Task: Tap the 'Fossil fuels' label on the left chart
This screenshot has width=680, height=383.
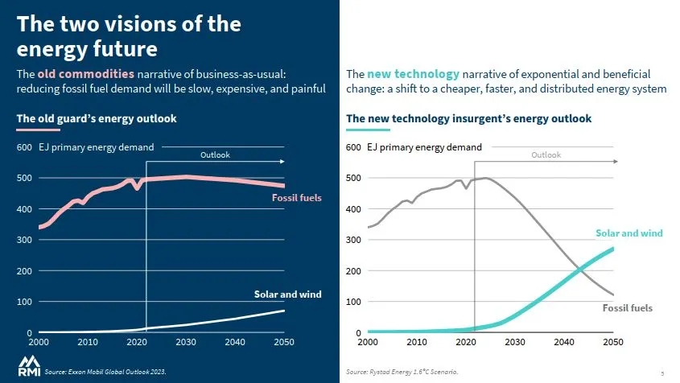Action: [x=296, y=196]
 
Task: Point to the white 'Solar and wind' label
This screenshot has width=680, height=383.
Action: [x=287, y=294]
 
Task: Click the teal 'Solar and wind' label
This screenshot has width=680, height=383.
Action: [x=628, y=233]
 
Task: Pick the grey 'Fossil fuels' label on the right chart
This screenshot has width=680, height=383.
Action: [x=627, y=308]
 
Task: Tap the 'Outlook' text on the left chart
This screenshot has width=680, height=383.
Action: [x=215, y=154]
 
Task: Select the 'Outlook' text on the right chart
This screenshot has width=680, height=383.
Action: [x=546, y=154]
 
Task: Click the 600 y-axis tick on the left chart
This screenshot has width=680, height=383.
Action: [x=24, y=147]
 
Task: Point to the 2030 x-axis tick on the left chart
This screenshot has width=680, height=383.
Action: [x=186, y=342]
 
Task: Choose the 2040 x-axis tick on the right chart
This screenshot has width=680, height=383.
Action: [x=564, y=342]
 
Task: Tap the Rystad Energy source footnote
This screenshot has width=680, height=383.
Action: [x=402, y=372]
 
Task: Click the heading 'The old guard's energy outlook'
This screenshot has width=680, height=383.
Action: [x=97, y=119]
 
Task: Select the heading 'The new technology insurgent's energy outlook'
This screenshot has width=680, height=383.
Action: [x=468, y=119]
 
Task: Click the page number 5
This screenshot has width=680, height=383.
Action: [x=662, y=373]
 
